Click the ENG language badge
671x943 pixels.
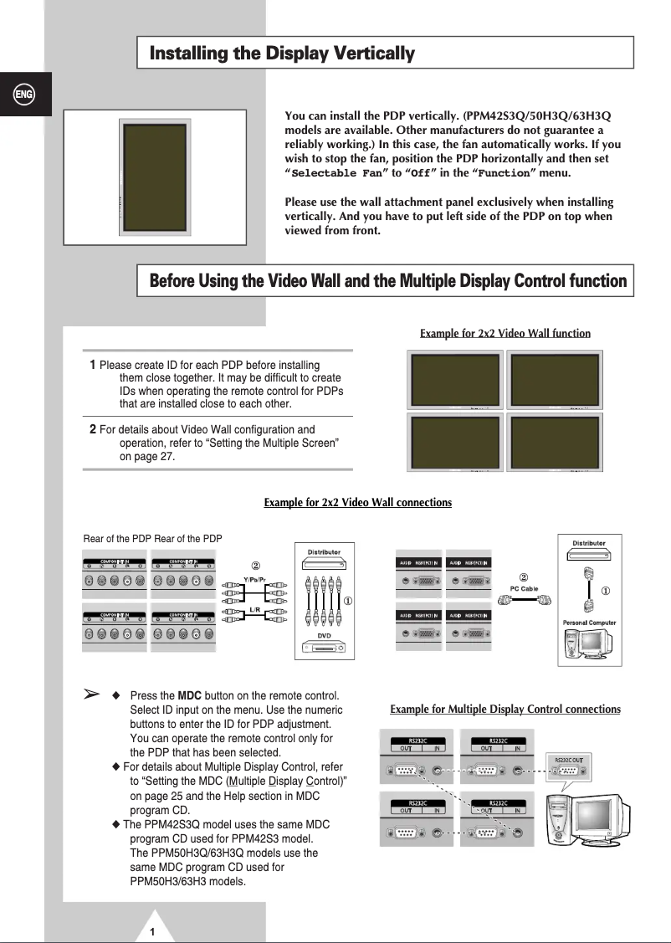24,94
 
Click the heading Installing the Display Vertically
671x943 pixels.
282,54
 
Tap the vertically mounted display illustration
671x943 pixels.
155,177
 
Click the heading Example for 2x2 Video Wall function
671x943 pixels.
505,334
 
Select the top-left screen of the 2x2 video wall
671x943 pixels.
454,379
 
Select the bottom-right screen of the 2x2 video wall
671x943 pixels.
555,442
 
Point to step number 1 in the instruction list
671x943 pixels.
93,365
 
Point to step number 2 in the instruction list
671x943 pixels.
93,429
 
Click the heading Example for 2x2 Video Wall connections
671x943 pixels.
357,503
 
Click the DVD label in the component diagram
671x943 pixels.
325,637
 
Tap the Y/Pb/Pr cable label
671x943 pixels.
256,578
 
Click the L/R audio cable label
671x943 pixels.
255,610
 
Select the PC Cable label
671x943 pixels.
524,588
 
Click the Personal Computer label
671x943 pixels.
589,623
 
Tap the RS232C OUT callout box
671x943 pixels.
569,761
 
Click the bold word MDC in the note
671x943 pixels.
189,696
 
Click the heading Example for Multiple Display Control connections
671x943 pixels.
505,710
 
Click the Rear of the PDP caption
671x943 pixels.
152,539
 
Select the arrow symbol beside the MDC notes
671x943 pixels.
92,694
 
